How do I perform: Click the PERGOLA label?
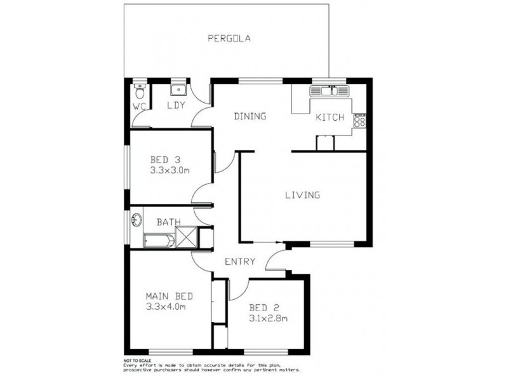[x=229, y=38]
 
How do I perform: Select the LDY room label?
[x=175, y=105]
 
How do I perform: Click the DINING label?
[x=250, y=116]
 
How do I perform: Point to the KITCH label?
[x=330, y=117]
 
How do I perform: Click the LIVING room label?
[x=302, y=195]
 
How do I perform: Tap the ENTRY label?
[x=240, y=261]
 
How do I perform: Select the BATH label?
[x=169, y=222]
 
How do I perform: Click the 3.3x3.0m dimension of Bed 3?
[x=171, y=170]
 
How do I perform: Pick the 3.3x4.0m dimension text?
[x=166, y=307]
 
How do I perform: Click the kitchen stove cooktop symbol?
[x=360, y=120]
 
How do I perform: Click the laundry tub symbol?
[x=177, y=89]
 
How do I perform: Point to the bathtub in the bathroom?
[x=158, y=240]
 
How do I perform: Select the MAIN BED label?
[x=169, y=297]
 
